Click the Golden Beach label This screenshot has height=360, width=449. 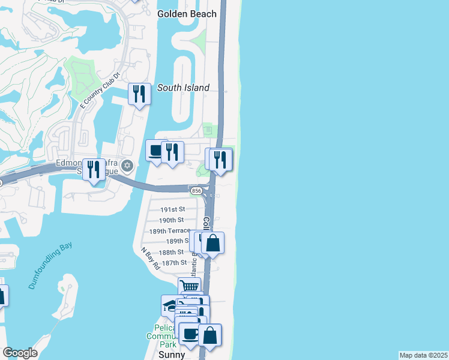pyautogui.click(x=186, y=14)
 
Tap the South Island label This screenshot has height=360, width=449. pyautogui.click(x=183, y=88)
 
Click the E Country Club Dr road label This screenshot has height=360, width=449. pyautogui.click(x=100, y=91)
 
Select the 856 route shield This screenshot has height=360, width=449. pyautogui.click(x=196, y=190)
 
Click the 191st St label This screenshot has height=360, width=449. pyautogui.click(x=172, y=209)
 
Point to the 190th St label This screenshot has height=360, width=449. pyautogui.click(x=172, y=220)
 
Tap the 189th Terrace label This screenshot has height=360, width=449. pyautogui.click(x=169, y=230)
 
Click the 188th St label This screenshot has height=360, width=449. pyautogui.click(x=172, y=252)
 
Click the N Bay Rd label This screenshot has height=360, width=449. pyautogui.click(x=150, y=258)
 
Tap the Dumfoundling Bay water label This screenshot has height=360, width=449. pyautogui.click(x=49, y=266)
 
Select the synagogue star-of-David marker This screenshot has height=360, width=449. pyautogui.click(x=126, y=165)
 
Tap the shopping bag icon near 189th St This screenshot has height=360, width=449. pyautogui.click(x=212, y=243)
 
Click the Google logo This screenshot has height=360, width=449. pyautogui.click(x=20, y=353)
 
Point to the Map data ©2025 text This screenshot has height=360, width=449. pyautogui.click(x=423, y=355)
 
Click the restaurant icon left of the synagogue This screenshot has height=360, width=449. pyautogui.click(x=93, y=170)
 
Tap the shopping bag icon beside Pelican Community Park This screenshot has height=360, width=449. pyautogui.click(x=210, y=335)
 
